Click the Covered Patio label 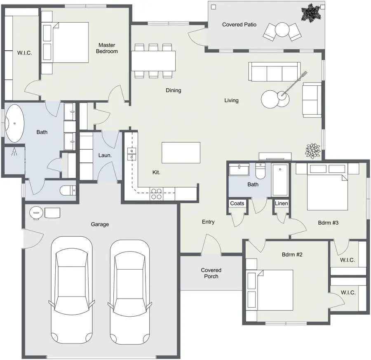click(239, 25)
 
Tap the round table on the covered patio click(282, 29)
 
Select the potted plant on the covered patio click(311, 13)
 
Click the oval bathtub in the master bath click(15, 123)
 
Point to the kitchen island click(181, 153)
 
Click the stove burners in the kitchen click(156, 194)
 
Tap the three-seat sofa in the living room click(275, 72)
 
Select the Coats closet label click(237, 203)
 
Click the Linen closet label click(281, 203)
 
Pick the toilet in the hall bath click(260, 171)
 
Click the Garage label click(100, 224)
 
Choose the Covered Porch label click(211, 273)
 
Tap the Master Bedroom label click(107, 48)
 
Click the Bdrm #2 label click(292, 254)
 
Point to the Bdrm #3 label click(328, 223)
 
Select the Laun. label click(105, 155)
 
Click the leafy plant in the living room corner click(313, 151)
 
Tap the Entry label click(208, 222)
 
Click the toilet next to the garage click(68, 191)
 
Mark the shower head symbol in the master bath click(14, 152)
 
